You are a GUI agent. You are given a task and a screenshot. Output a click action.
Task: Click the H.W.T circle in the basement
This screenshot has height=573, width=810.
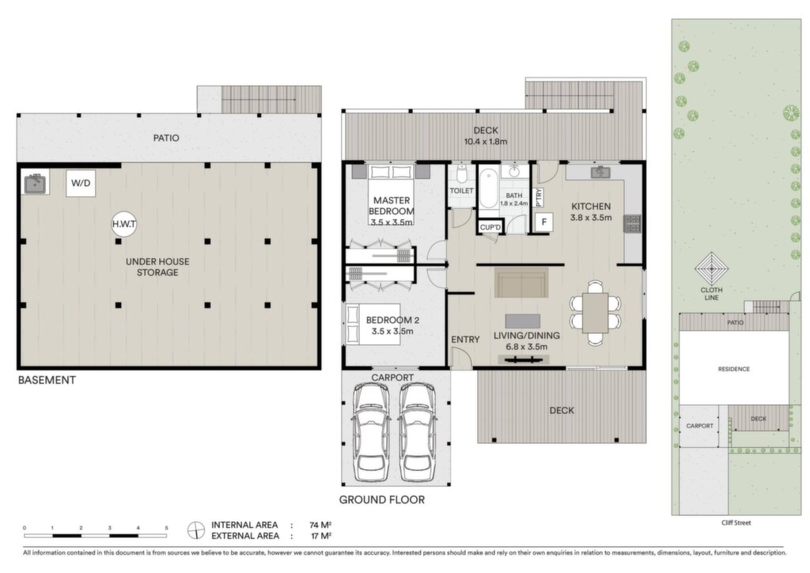[124, 224]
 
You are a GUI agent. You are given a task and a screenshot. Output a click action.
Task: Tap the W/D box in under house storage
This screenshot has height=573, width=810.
[81, 183]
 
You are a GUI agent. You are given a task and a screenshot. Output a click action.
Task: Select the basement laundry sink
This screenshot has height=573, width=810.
[36, 182]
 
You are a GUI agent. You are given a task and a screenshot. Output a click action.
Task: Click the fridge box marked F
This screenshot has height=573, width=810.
[544, 222]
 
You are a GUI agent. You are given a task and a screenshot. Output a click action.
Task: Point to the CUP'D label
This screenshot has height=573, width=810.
[490, 227]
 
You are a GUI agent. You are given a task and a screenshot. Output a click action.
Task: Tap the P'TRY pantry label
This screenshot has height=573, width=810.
[539, 197]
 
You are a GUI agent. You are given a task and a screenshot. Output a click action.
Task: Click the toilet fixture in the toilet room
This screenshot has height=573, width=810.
[462, 174]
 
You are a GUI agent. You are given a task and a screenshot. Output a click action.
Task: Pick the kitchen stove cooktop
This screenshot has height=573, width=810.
[633, 224]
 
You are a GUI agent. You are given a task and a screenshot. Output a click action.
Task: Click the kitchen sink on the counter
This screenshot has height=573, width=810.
[600, 172]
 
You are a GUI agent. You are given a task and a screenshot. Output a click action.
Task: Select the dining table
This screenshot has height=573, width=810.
[596, 313]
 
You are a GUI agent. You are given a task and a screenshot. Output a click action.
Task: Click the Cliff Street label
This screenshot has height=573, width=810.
[736, 523]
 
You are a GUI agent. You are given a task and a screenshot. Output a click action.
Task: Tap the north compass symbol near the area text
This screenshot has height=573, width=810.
[196, 530]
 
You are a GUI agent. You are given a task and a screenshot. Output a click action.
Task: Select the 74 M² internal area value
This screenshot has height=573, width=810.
[320, 525]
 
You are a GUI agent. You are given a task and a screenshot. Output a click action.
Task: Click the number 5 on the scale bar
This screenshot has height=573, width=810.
[166, 528]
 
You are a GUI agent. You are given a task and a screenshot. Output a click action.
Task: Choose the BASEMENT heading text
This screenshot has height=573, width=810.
[47, 380]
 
